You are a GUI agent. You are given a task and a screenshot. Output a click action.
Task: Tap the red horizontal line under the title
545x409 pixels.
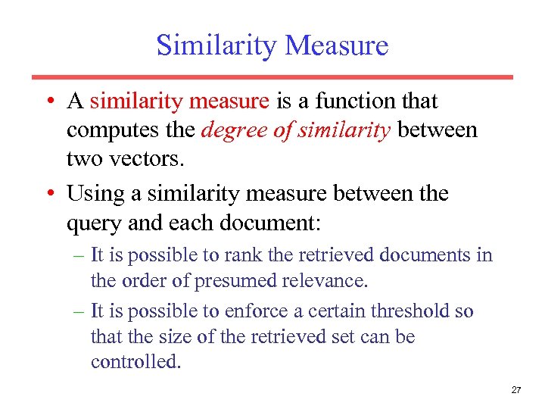(272, 76)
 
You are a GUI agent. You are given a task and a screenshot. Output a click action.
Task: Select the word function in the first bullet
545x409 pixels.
(353, 101)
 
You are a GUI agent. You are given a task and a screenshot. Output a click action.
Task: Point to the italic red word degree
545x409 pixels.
(232, 130)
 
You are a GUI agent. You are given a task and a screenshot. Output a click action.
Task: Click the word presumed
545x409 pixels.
(235, 281)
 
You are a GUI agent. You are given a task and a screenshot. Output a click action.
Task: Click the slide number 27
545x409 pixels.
(516, 390)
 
